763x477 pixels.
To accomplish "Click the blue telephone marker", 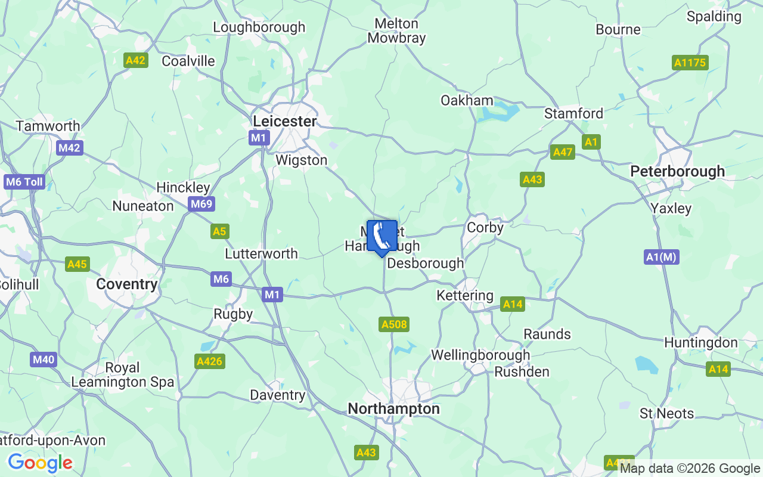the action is (x=381, y=237).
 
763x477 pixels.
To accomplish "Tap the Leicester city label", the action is (x=284, y=121).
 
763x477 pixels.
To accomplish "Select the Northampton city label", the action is (x=393, y=408).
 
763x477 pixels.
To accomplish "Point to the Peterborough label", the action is (x=677, y=171).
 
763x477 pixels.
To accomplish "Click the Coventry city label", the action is (x=126, y=284).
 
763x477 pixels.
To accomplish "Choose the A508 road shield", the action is (x=394, y=324).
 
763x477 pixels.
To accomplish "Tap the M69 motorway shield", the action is (x=201, y=205).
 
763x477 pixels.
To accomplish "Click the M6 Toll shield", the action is (x=24, y=182).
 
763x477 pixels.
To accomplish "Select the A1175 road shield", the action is (x=690, y=63).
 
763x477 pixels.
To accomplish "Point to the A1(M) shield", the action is (x=662, y=257).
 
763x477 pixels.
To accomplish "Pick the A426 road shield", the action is (x=210, y=361).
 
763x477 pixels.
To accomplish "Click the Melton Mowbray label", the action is (x=396, y=31).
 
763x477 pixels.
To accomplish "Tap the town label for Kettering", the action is (x=465, y=295).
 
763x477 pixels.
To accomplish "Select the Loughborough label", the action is (x=259, y=27).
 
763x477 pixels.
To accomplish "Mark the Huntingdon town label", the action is (x=700, y=343).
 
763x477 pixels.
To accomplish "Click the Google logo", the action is (x=40, y=462).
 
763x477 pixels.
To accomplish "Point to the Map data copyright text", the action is (x=690, y=469).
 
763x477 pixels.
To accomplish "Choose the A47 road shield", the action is (x=562, y=152).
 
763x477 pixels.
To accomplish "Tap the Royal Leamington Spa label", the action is (x=122, y=374).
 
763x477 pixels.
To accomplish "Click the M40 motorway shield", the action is (x=44, y=359).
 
